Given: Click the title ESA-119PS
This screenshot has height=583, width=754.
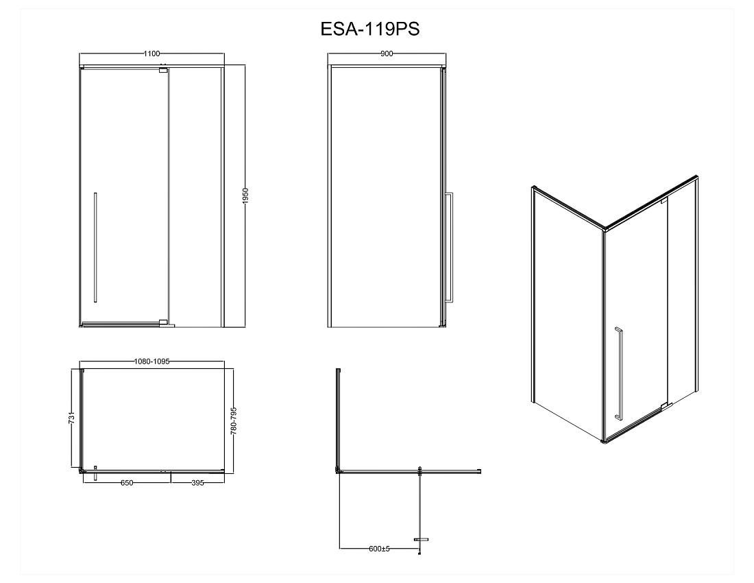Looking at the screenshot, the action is [x=369, y=29].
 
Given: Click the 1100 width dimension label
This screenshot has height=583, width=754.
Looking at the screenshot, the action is [x=152, y=53].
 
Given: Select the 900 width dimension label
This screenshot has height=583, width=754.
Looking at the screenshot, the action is [x=387, y=53].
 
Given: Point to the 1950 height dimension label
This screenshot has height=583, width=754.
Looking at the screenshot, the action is [x=245, y=196].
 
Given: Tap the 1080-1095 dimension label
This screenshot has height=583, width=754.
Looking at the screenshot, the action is [x=152, y=361].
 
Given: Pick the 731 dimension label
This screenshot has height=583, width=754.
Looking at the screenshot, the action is [x=72, y=418].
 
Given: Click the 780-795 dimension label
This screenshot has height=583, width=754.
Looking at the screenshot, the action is [x=234, y=421].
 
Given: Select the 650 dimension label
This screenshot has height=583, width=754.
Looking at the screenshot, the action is [x=127, y=483].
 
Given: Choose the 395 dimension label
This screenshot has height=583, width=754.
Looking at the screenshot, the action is [x=197, y=483].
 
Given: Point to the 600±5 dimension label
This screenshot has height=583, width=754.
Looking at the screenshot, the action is [x=380, y=549].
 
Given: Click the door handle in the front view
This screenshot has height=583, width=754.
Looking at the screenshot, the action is [x=95, y=247].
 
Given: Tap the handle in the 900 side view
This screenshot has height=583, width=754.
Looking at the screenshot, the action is [x=450, y=247].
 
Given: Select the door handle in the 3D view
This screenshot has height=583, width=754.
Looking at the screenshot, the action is [x=618, y=373].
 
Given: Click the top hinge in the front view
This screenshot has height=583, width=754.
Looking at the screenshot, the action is [x=164, y=70].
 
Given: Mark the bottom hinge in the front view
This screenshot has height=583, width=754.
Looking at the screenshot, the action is [x=164, y=322].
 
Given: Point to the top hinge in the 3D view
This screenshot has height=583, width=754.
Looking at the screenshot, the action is [x=664, y=200].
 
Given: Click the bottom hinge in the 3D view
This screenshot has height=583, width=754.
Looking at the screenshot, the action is [x=664, y=407].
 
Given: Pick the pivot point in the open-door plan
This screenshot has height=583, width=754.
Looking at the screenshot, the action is [x=420, y=471].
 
